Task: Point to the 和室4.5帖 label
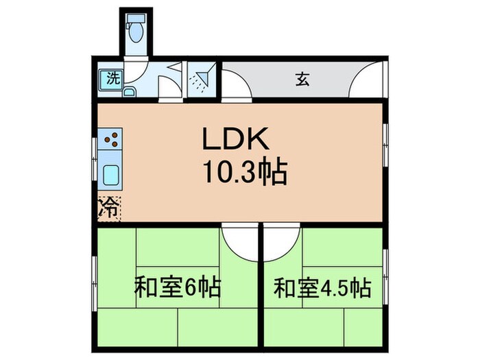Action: click(322, 286)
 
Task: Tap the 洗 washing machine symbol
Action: click(110, 78)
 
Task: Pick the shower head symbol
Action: click(200, 80)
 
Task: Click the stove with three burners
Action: click(111, 141)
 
